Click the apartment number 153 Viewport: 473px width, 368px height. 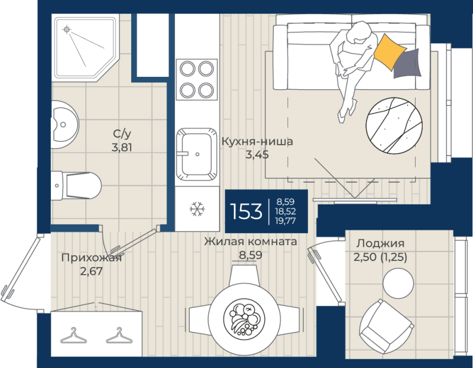[246, 211]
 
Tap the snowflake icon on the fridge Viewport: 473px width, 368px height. [197, 209]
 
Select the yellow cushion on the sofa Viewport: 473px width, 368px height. [389, 52]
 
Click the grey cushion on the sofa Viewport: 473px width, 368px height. [407, 63]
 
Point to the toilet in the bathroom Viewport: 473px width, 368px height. [76, 185]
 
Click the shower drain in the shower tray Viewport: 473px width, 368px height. [67, 30]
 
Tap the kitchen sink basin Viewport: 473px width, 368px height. [197, 154]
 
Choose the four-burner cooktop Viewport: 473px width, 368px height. [197, 80]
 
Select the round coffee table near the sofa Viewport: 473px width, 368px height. [394, 126]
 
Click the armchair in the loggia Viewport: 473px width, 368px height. [387, 327]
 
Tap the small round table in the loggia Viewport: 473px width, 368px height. [398, 284]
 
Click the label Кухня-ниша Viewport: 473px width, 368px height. [257, 141]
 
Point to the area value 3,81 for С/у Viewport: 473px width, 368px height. [122, 148]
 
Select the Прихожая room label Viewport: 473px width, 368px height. [92, 258]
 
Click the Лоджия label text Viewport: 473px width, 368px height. [380, 243]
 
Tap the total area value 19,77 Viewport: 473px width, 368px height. [286, 221]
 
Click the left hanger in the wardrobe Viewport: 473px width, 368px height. [73, 336]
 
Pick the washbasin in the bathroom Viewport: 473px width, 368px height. [64, 125]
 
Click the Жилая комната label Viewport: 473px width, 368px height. [250, 242]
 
